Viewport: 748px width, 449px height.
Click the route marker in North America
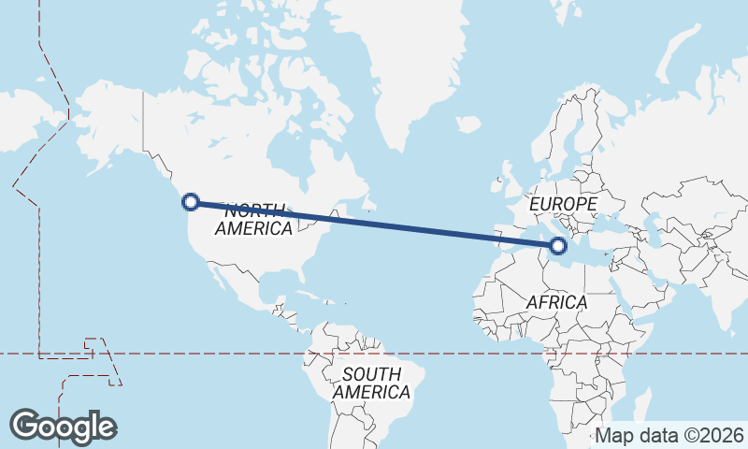[191, 201]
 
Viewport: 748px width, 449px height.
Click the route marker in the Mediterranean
[558, 246]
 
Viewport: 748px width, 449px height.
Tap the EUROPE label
[562, 203]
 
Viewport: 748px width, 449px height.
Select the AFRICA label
[556, 302]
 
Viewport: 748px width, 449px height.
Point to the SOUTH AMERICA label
[371, 384]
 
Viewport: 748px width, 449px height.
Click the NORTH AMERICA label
[253, 219]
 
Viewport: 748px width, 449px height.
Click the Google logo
[63, 427]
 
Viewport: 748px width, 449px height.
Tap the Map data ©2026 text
[669, 435]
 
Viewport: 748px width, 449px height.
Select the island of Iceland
[467, 123]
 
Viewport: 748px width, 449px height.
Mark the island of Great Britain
[511, 174]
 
